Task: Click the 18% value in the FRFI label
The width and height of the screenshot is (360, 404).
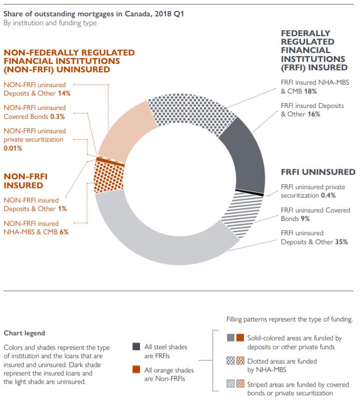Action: tap(311, 92)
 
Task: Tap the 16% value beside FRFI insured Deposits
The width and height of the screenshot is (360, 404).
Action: tap(314, 114)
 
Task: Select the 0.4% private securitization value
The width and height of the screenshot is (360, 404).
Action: tap(328, 196)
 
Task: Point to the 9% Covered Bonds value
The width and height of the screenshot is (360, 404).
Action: tap(305, 219)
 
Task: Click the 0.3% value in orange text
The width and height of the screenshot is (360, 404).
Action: tap(57, 117)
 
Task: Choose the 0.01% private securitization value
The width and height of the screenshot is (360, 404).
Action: tap(13, 149)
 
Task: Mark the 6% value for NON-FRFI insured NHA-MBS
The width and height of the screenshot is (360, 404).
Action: tap(64, 232)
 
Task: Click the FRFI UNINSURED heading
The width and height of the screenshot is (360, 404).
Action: tap(318, 172)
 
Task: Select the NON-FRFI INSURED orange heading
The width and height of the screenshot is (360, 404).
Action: tap(26, 181)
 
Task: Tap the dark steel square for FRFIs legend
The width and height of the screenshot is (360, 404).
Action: tap(136, 347)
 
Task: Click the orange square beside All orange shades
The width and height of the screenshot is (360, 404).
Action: tap(136, 369)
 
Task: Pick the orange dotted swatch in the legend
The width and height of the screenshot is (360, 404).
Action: tap(240, 360)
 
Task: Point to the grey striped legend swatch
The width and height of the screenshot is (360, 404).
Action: tap(230, 384)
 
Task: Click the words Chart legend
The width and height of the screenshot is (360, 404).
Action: tap(24, 333)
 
